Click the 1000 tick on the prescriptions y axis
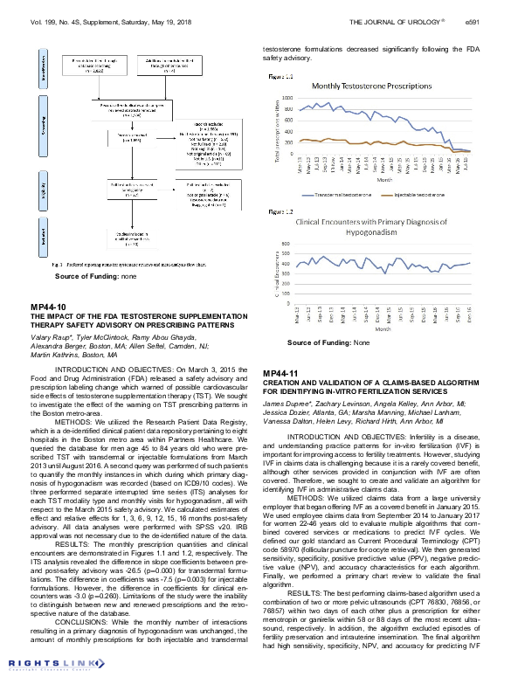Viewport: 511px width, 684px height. tap(287, 98)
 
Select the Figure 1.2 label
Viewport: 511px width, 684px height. tap(281, 211)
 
